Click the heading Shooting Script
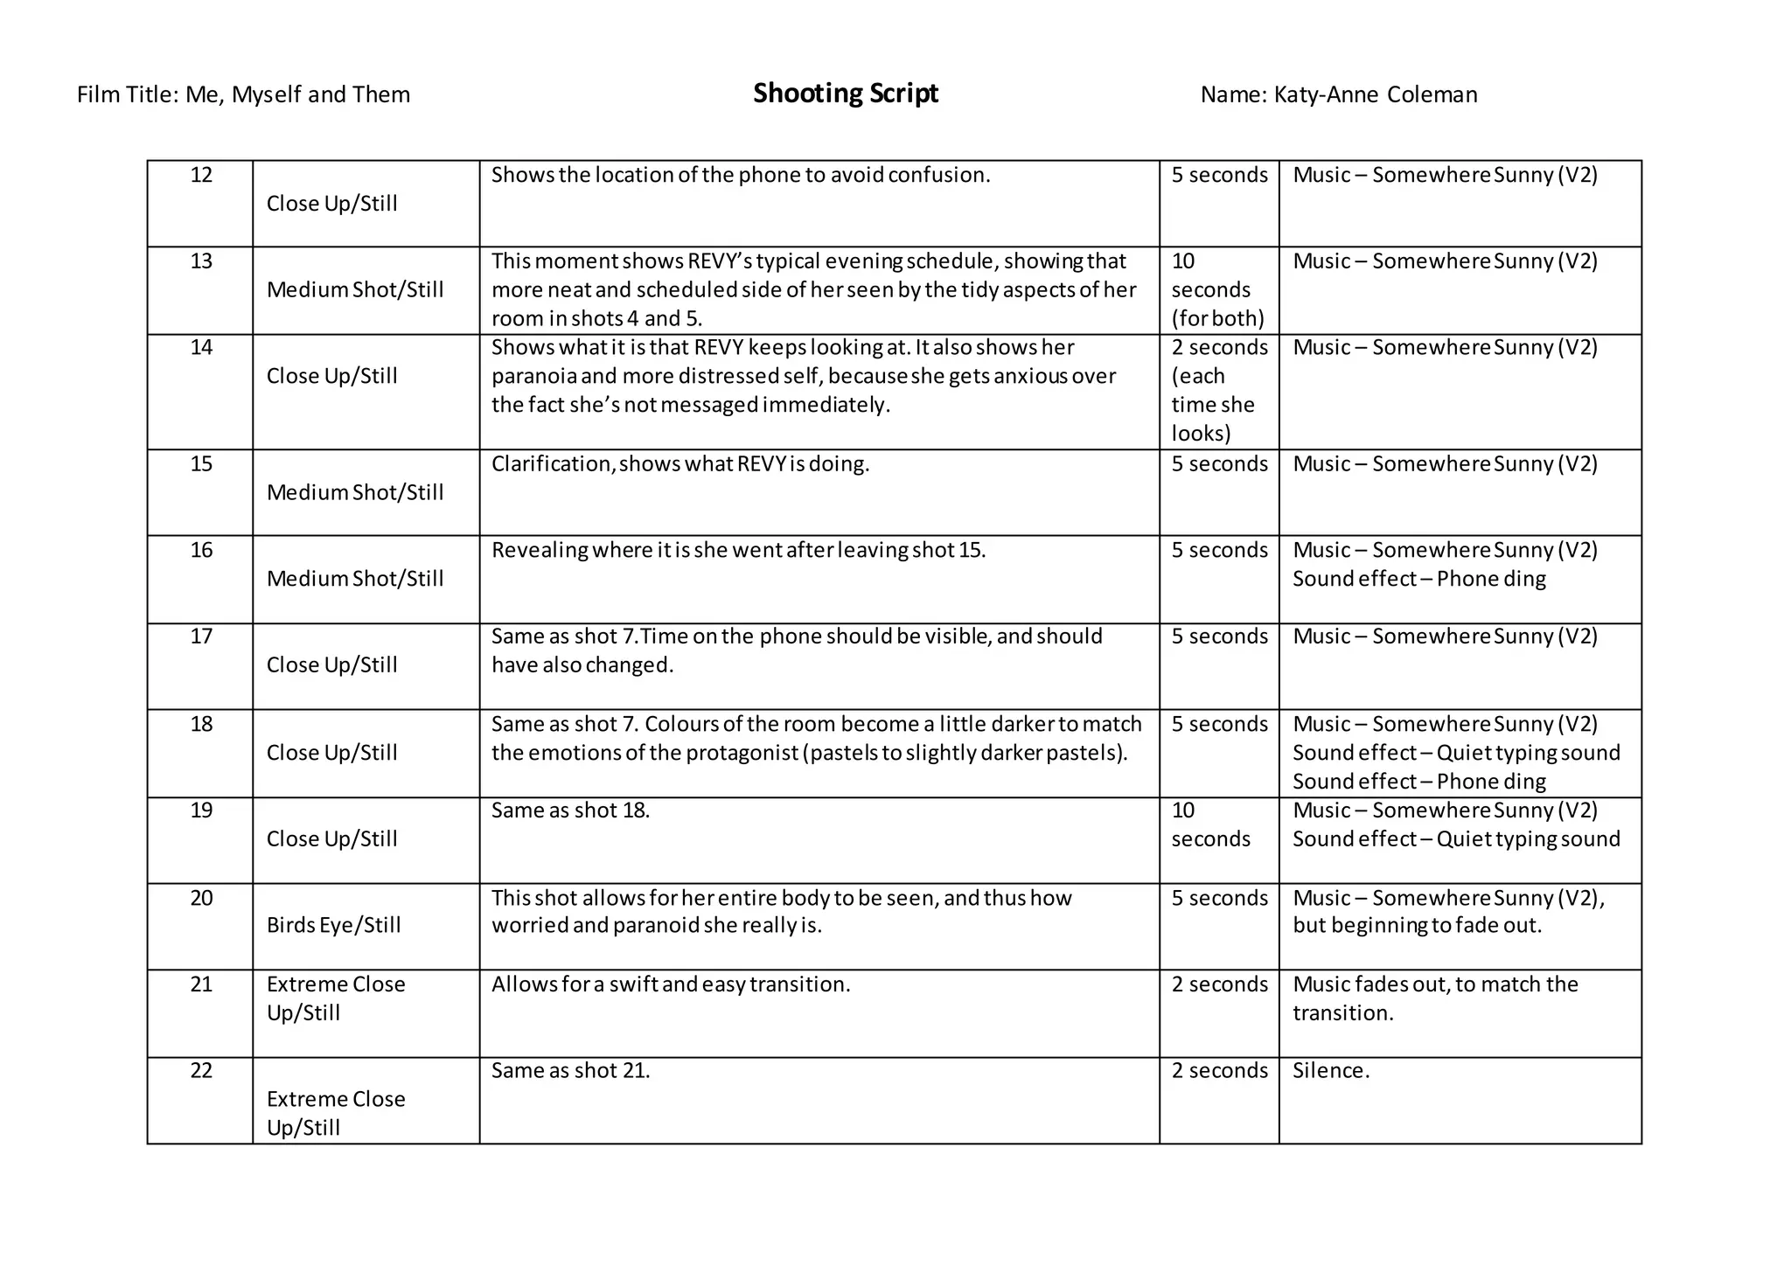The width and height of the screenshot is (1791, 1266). click(845, 94)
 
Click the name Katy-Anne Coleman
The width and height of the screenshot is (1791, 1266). click(1375, 95)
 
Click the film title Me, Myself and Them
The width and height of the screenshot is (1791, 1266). click(297, 95)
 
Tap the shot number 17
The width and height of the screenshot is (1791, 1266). click(201, 636)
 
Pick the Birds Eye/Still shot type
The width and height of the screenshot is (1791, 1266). click(333, 925)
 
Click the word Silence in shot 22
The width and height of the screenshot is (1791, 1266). click(1329, 1071)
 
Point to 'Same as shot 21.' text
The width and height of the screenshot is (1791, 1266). click(570, 1071)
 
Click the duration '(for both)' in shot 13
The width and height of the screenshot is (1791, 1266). click(1217, 318)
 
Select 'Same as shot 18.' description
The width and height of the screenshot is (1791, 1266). click(570, 810)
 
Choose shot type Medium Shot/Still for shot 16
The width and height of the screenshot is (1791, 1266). click(355, 579)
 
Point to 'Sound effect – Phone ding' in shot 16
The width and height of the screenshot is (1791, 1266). click(1418, 579)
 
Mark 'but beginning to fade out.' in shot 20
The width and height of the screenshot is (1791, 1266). click(1416, 925)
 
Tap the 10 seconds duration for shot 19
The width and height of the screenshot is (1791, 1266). click(1210, 824)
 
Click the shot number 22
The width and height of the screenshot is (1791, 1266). click(201, 1071)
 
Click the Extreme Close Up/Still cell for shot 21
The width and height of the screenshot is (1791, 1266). click(336, 998)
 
